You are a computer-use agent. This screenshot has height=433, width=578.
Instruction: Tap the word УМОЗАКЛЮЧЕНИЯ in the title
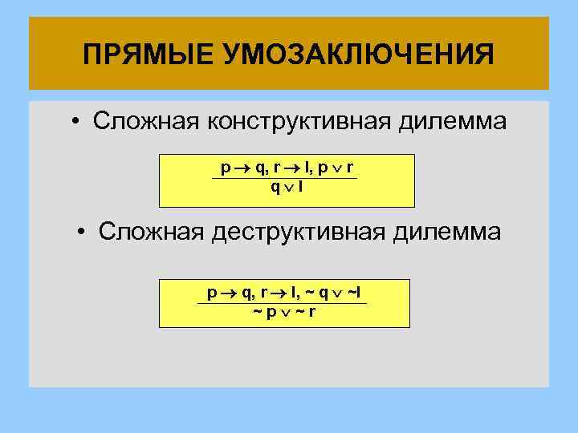tap(348, 55)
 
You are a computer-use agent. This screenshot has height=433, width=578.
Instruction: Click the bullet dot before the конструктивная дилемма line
tap(73, 123)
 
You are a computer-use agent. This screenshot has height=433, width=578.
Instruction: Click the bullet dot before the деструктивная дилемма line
tap(83, 233)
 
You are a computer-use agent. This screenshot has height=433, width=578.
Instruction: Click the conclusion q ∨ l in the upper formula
tap(287, 188)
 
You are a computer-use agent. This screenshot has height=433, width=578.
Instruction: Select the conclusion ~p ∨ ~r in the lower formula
tap(284, 312)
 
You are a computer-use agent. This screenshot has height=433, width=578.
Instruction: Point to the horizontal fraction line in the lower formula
tap(283, 303)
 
